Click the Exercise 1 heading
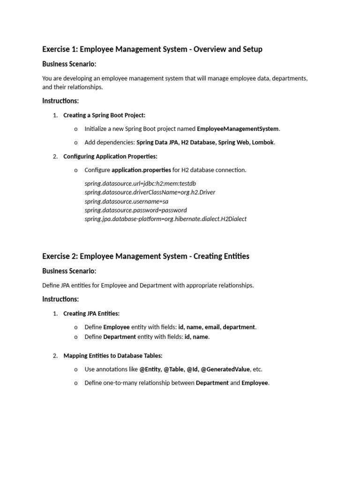pyautogui.click(x=152, y=49)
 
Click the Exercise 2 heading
pyautogui.click(x=145, y=256)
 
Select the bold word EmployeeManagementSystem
pyautogui.click(x=238, y=129)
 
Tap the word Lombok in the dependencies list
pyautogui.click(x=262, y=142)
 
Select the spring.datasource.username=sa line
pyautogui.click(x=127, y=201)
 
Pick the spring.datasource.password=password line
pyautogui.click(x=135, y=210)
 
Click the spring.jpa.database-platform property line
pyautogui.click(x=165, y=219)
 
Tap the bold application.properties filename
pyautogui.click(x=141, y=170)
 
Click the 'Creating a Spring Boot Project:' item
pyautogui.click(x=104, y=115)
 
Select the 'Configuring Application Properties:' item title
pyautogui.click(x=110, y=157)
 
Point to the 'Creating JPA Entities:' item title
pyautogui.click(x=91, y=314)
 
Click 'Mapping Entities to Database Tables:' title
pyautogui.click(x=112, y=356)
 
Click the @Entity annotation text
pyautogui.click(x=150, y=369)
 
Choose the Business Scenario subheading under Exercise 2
pyautogui.click(x=69, y=271)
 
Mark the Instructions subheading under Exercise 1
pyautogui.click(x=60, y=101)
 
